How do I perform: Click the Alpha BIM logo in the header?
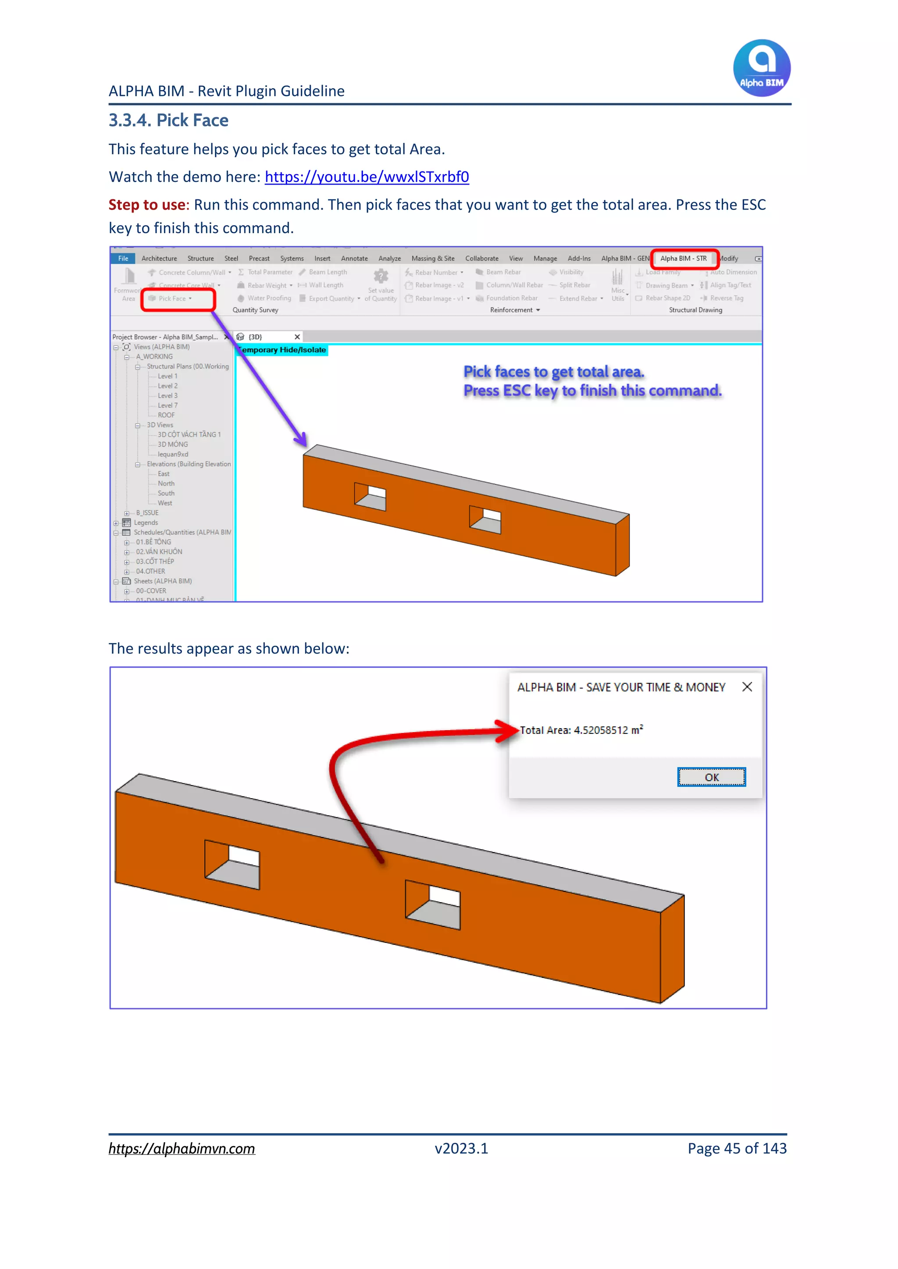point(762,68)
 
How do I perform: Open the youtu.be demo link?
point(367,177)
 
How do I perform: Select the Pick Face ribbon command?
point(172,299)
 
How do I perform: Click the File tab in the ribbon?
point(123,258)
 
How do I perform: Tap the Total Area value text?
point(581,730)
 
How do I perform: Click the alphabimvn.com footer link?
point(182,1148)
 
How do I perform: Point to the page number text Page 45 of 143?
point(737,1148)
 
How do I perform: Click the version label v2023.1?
point(461,1148)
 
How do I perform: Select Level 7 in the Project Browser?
point(167,405)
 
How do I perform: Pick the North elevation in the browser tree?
point(166,483)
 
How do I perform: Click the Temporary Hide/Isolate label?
point(282,350)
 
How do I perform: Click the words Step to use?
point(147,205)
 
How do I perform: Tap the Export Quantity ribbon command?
point(331,299)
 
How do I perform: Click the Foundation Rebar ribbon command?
point(511,298)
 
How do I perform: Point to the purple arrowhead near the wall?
point(301,440)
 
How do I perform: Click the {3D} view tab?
point(255,337)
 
